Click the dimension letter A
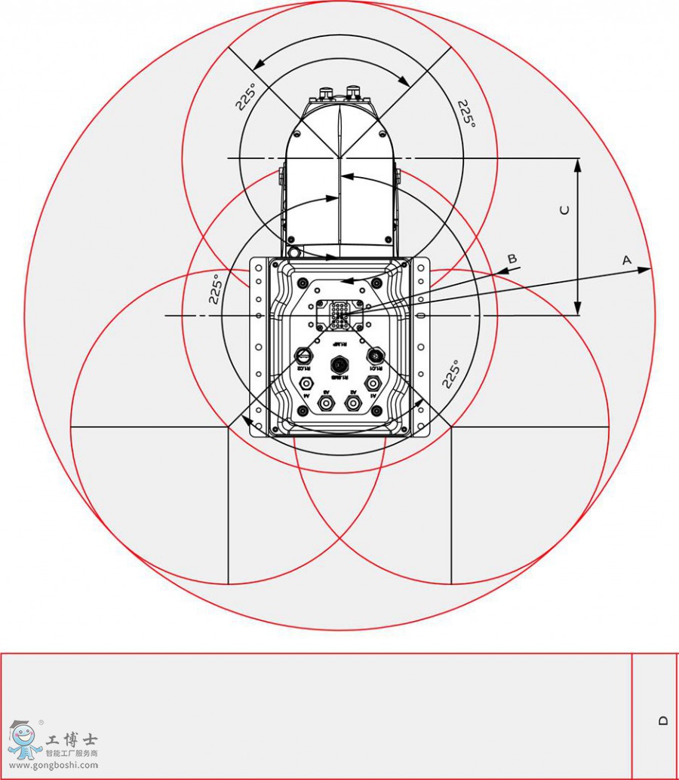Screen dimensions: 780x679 point(626,260)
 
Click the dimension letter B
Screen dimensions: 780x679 point(512,259)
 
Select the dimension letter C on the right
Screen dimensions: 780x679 point(564,211)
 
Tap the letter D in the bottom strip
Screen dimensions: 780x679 point(663,720)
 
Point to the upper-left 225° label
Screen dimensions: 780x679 point(246,97)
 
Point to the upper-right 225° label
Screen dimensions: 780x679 point(467,113)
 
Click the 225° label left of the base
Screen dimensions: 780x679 point(216,289)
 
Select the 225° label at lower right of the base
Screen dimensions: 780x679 point(452,375)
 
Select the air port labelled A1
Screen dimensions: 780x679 point(372,384)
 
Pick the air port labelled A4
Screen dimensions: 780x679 point(307,384)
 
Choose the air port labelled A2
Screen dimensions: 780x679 point(352,403)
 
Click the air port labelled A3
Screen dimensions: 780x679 point(327,403)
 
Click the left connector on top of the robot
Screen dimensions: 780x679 point(327,94)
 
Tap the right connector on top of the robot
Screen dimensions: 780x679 point(353,93)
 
